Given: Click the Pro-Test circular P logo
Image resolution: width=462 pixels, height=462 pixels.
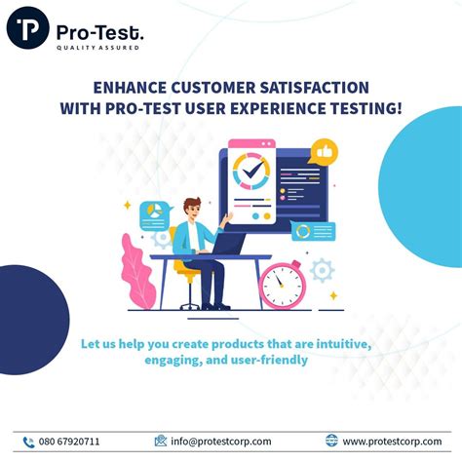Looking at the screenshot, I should point(28,29).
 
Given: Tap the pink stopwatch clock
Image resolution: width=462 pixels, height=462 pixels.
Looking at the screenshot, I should point(282,285).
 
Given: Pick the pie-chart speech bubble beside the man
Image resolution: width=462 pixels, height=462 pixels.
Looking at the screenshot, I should point(154,212).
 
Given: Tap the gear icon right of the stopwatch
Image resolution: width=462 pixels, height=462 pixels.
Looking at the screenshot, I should point(321,269).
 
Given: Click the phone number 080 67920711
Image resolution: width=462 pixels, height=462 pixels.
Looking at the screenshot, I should point(69,442).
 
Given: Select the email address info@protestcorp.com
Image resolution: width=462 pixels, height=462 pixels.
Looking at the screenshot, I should point(221,442).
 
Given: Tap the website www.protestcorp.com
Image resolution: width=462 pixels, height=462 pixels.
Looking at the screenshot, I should point(390,442).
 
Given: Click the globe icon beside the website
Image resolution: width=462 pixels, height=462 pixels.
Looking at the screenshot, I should point(331,441).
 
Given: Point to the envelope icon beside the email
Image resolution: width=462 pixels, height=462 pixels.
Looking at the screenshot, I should point(161,441).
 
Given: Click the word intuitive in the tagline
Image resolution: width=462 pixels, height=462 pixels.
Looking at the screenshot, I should point(337,344).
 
